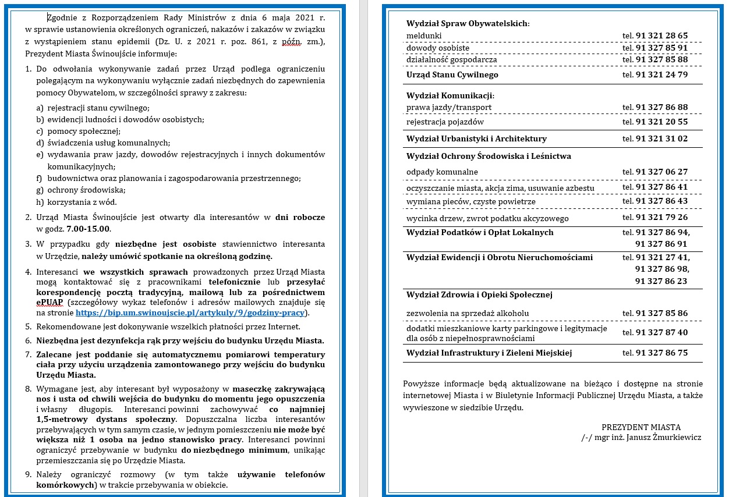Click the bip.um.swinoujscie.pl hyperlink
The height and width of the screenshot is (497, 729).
point(190,313)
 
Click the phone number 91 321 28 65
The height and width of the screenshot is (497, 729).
point(661,35)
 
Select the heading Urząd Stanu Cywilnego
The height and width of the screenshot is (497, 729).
point(452,74)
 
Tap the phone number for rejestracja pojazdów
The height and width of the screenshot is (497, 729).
point(661,122)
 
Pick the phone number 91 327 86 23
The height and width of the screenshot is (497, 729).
point(661,281)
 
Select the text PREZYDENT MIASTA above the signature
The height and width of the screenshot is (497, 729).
point(641,427)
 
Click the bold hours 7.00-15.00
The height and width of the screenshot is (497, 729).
point(89,229)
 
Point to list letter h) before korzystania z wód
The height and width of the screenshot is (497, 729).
point(40,202)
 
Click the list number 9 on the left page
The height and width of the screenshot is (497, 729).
point(28,474)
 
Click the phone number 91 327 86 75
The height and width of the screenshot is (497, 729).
point(661,353)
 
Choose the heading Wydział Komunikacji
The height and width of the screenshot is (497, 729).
point(450,95)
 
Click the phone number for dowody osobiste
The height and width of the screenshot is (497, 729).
point(661,47)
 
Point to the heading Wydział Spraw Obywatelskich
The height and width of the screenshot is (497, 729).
point(468,23)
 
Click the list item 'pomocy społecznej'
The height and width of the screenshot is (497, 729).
point(83,131)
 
